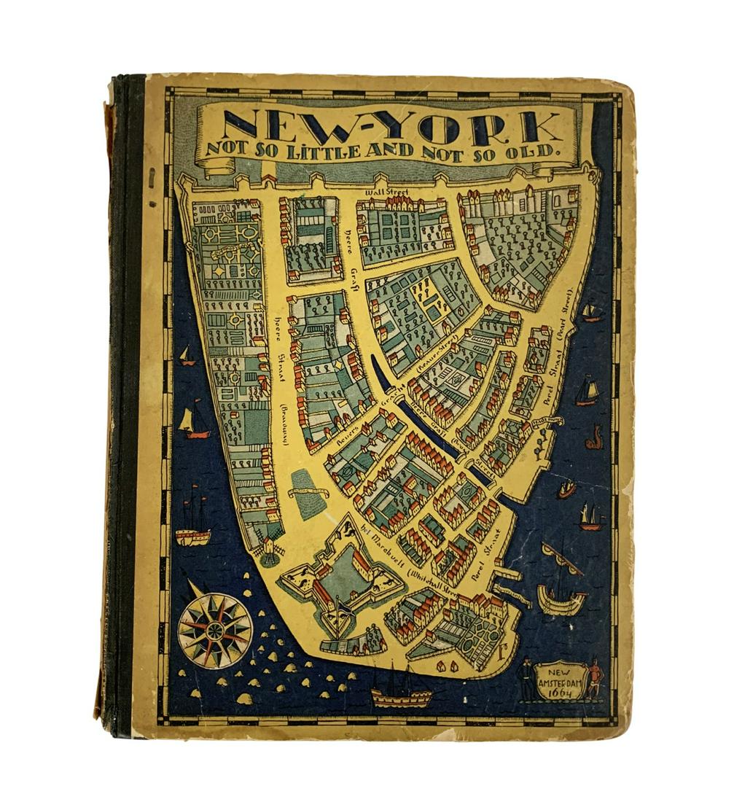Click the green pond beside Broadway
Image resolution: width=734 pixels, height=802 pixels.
(309, 494)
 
